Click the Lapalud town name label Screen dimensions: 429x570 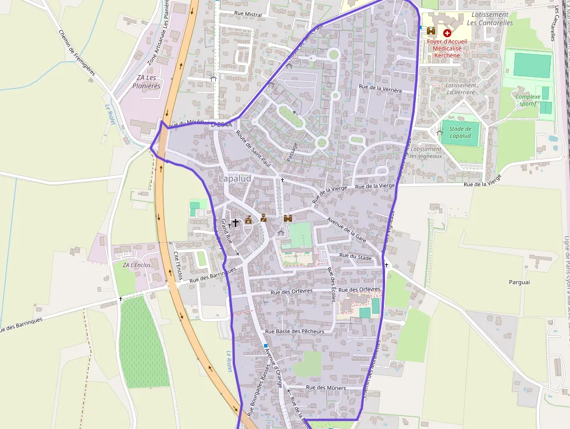click(236, 178)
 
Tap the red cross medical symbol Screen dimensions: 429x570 click(447, 34)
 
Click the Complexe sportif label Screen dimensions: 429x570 click(528, 100)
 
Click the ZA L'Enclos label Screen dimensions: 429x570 click(136, 265)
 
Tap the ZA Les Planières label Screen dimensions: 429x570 click(146, 82)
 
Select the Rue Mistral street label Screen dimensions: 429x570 click(248, 14)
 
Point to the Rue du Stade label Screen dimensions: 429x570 click(355, 256)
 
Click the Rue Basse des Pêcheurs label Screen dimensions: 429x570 click(294, 331)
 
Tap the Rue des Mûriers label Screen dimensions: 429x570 click(326, 388)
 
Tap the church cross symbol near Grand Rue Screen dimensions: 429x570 click(236, 222)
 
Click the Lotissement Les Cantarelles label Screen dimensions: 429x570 click(490, 19)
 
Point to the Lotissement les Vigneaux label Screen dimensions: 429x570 click(426, 153)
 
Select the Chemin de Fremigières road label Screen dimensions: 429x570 click(77, 52)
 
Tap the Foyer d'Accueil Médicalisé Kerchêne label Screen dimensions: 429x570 click(447, 49)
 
